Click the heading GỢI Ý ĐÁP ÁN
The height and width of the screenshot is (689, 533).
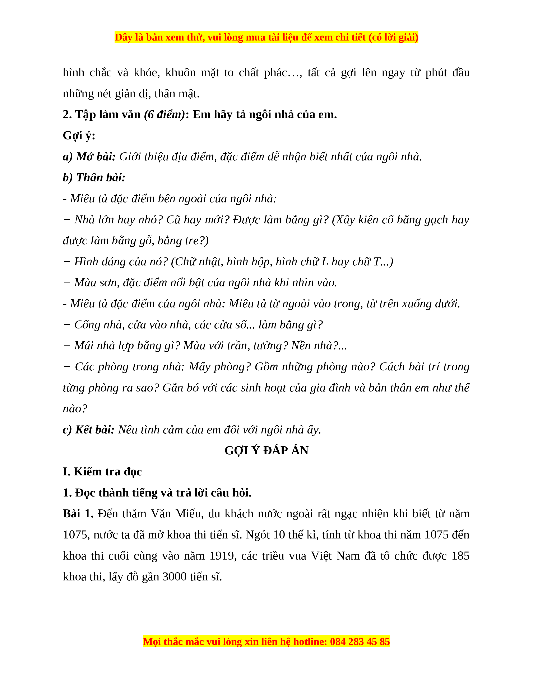point(266,451)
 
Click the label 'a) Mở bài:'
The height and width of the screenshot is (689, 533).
point(89,156)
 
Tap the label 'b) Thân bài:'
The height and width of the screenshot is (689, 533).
point(94,178)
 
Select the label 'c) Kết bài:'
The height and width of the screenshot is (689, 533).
point(89,430)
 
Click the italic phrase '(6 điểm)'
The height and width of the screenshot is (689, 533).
point(164,114)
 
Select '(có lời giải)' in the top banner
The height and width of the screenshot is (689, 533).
point(393,37)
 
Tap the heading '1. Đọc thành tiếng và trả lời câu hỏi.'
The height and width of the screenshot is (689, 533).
point(157,493)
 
